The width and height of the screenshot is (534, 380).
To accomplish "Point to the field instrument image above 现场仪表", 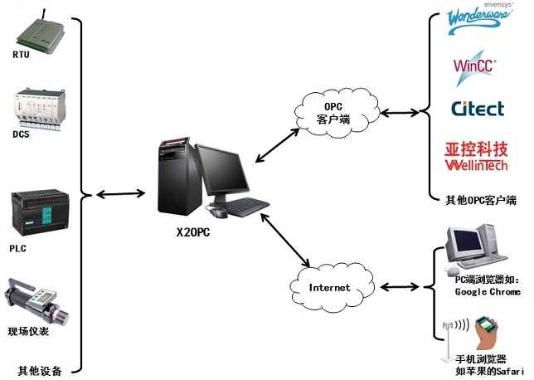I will (x=38, y=299).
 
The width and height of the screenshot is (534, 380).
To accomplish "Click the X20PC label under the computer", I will (x=193, y=232).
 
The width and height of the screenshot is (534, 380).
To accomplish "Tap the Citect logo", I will (x=478, y=109).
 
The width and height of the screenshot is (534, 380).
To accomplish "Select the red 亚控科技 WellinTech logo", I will (x=477, y=156).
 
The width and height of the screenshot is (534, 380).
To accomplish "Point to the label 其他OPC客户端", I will (x=482, y=200).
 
